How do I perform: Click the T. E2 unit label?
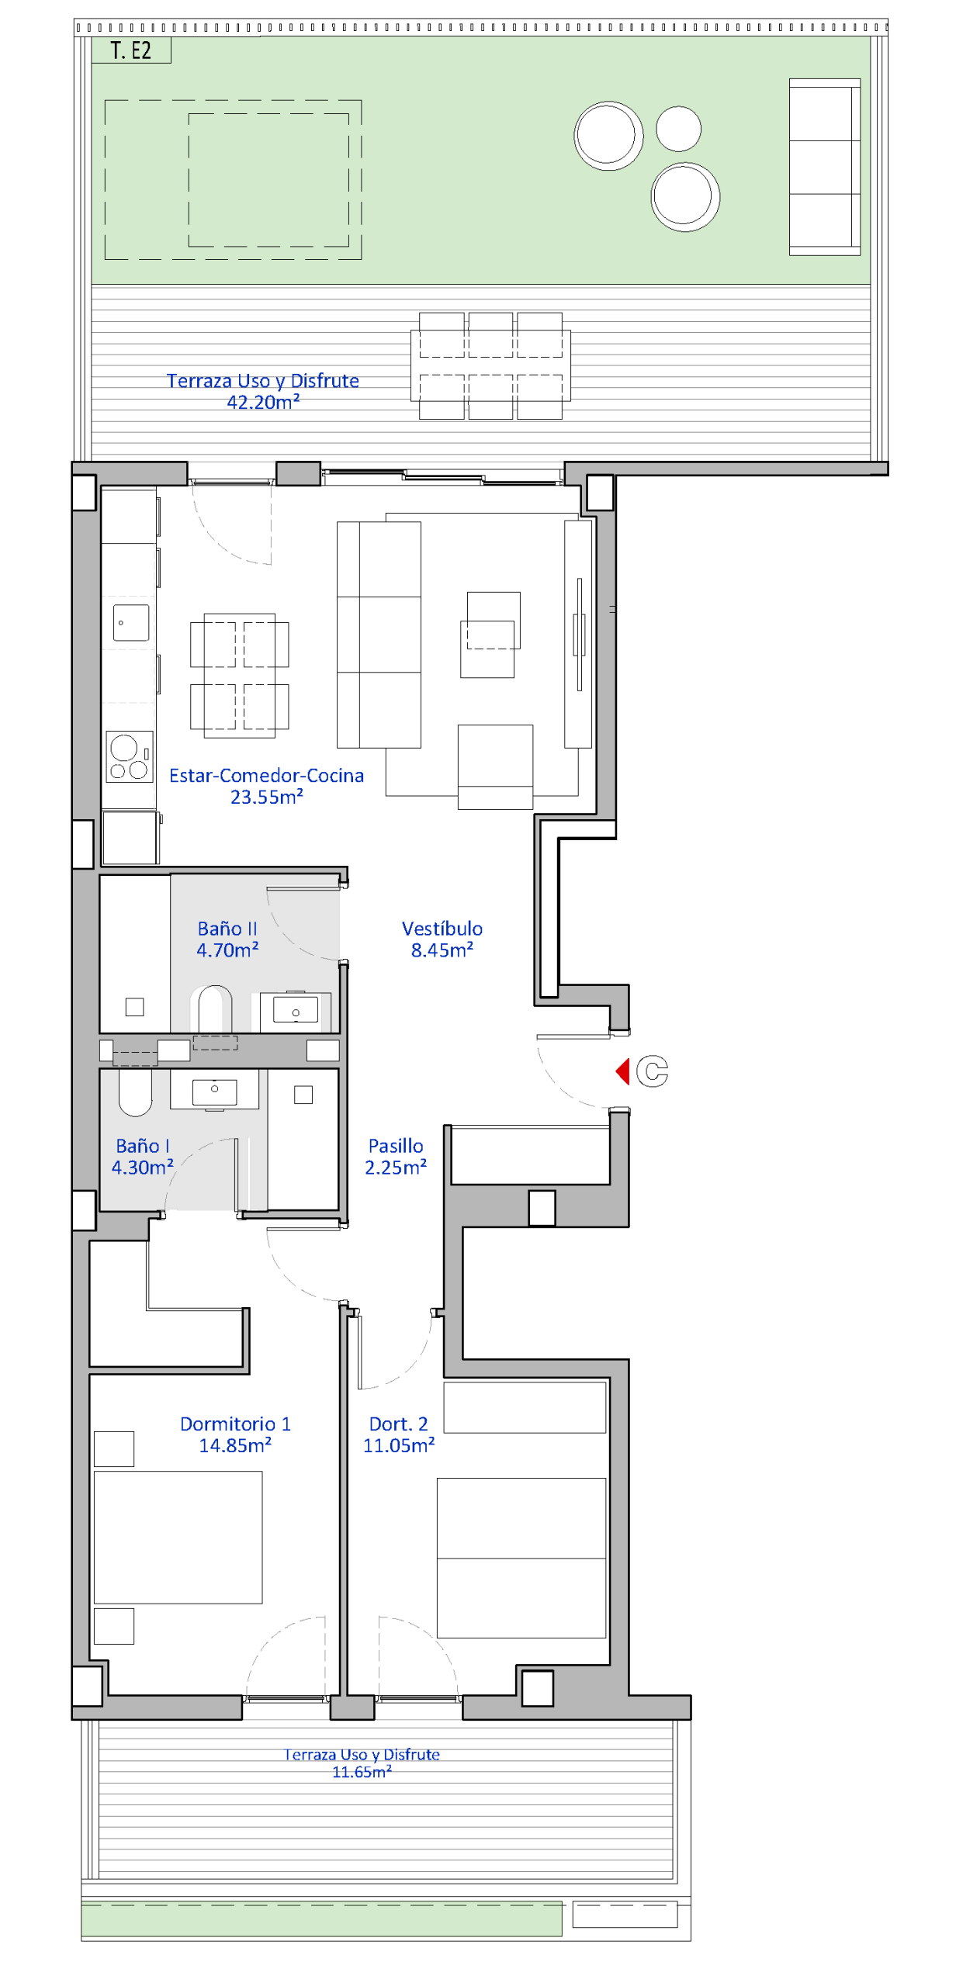click(130, 51)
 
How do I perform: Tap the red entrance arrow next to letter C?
click(622, 1071)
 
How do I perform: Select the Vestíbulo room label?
click(442, 929)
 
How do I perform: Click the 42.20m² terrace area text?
click(263, 402)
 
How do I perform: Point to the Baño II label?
click(227, 929)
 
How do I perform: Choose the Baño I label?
click(143, 1146)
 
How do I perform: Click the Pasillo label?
click(396, 1146)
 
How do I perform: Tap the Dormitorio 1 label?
click(235, 1424)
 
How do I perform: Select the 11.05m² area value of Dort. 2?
click(399, 1445)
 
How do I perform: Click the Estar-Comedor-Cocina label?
click(266, 775)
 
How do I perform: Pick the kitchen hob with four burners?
click(130, 756)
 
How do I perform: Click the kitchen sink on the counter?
click(131, 622)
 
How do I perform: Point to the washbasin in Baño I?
click(215, 1089)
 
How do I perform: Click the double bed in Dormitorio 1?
click(178, 1537)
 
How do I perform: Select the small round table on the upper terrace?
click(679, 129)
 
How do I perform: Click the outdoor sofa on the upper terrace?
click(825, 167)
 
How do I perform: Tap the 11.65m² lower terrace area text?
click(362, 1771)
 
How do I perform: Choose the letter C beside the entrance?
click(652, 1071)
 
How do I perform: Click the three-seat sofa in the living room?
click(379, 635)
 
